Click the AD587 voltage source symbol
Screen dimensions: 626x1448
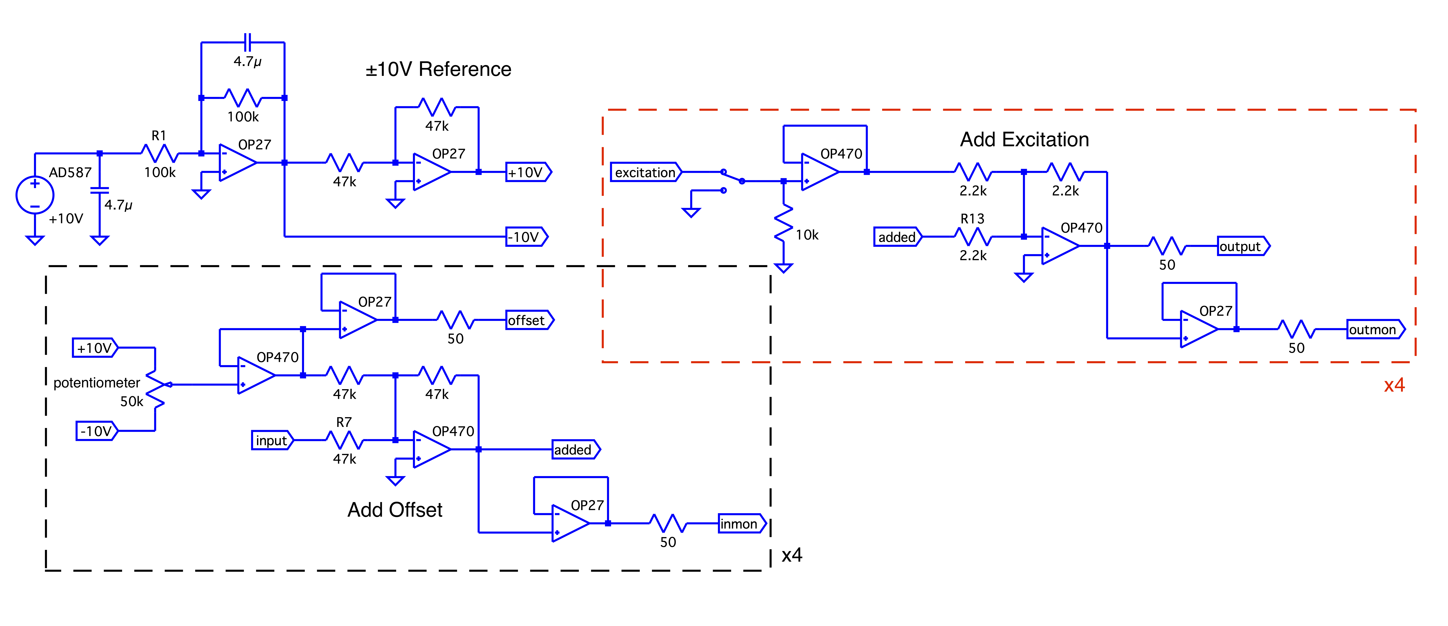click(x=35, y=195)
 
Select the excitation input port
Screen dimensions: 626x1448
click(x=645, y=172)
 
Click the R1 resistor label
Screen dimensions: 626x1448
click(x=159, y=135)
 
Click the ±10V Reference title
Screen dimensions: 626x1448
click(x=439, y=69)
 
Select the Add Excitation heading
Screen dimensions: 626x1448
click(x=1024, y=139)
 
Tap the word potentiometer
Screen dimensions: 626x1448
click(x=97, y=383)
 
